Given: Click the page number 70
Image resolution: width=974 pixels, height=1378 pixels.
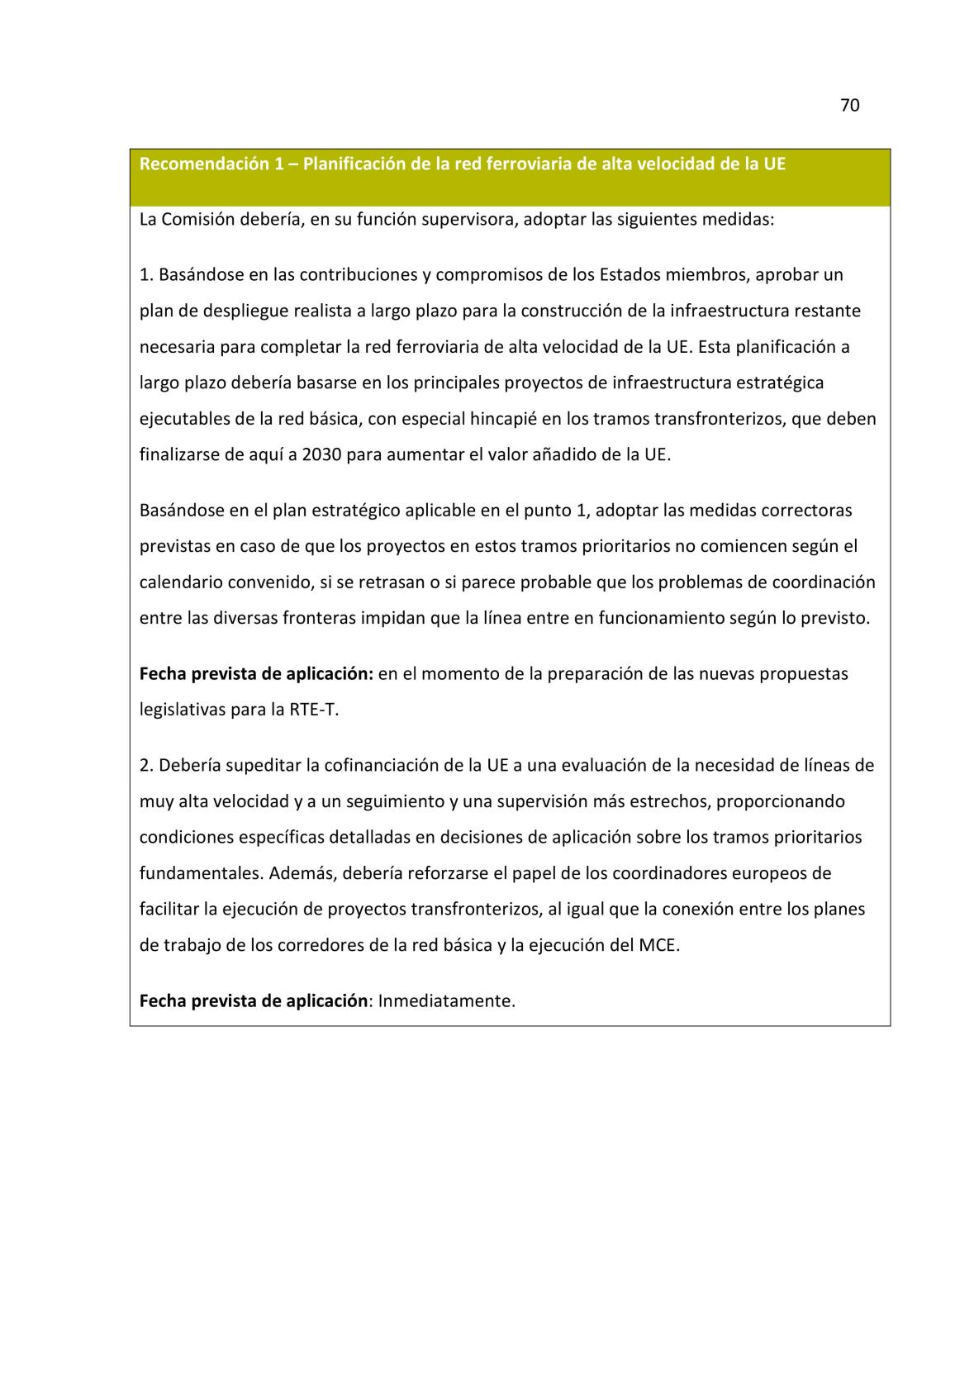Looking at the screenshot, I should (849, 105).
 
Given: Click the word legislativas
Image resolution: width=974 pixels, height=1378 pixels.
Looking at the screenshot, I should (182, 709).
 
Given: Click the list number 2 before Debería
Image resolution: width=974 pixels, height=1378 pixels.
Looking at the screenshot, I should (145, 764).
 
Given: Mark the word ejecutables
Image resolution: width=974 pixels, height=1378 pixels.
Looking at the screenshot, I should (184, 418).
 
